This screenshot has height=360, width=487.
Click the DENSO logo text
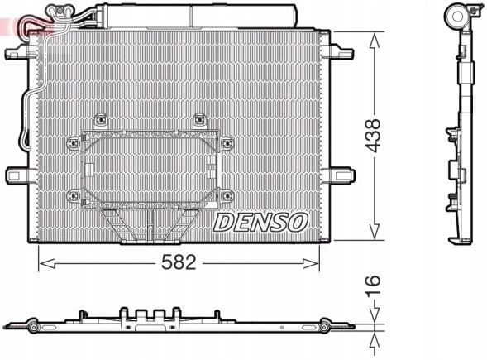[x=261, y=221]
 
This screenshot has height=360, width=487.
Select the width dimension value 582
[x=179, y=263]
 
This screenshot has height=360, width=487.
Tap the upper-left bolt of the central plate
[x=101, y=118]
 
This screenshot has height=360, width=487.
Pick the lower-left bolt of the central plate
[x=74, y=195]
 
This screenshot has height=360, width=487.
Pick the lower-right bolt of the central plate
[x=227, y=195]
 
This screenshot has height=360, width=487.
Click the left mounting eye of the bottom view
[x=31, y=329]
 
